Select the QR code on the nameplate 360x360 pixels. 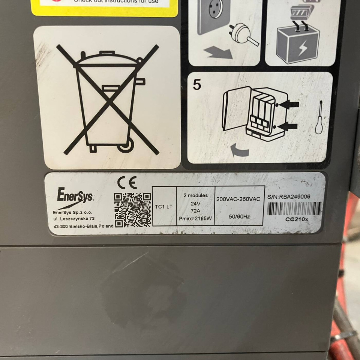132,210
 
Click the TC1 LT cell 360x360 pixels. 164,207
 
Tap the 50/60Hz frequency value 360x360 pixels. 239,216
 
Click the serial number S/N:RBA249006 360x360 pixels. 289,196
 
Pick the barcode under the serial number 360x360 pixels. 294,208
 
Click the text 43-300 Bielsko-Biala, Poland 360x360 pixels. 84,226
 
